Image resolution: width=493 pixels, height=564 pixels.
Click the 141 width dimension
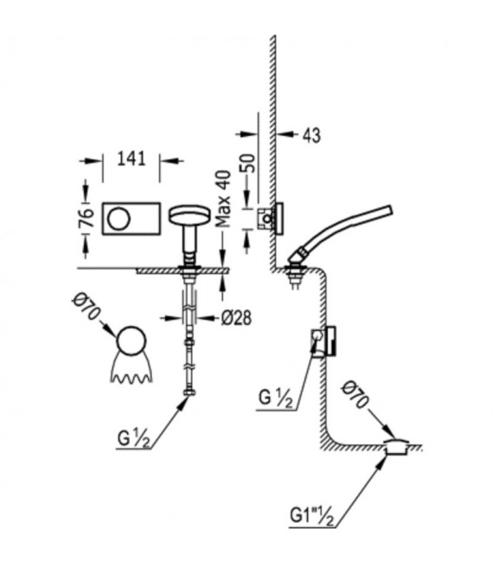[131, 159]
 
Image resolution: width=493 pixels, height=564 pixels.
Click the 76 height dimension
[87, 217]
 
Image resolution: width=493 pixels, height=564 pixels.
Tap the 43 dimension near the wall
[311, 136]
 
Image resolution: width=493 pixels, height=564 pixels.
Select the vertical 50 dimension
[249, 163]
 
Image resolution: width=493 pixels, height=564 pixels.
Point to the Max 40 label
[223, 198]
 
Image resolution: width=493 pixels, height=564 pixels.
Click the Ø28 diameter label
[236, 318]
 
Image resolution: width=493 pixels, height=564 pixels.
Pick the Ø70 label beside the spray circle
[86, 307]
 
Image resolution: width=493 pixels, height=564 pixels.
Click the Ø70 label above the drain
[355, 395]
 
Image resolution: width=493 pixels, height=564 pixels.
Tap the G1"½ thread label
[311, 516]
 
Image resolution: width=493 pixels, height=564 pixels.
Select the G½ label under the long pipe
[133, 438]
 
